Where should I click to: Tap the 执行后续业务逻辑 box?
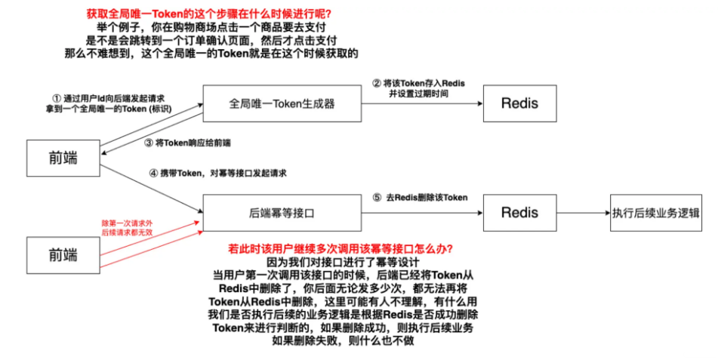tap(656, 213)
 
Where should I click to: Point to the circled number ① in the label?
tap(56, 98)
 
